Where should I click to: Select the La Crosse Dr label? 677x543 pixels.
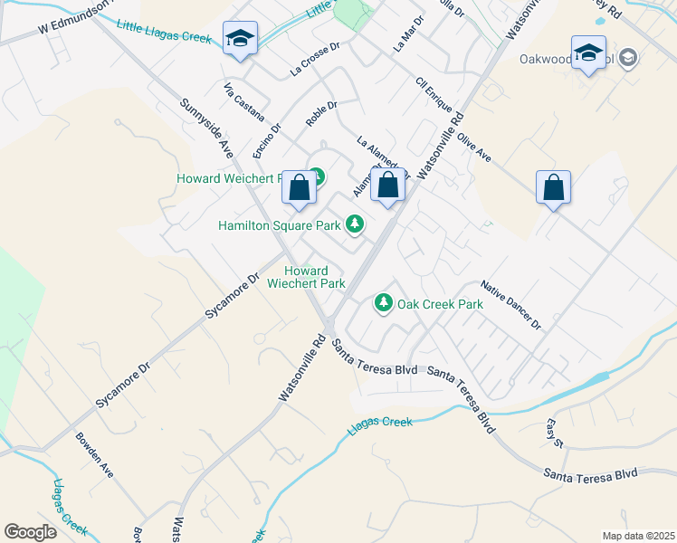pyautogui.click(x=314, y=58)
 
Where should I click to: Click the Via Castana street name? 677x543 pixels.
pyautogui.click(x=244, y=103)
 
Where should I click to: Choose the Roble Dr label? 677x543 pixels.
pyautogui.click(x=320, y=112)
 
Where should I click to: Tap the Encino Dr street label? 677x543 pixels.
pyautogui.click(x=269, y=138)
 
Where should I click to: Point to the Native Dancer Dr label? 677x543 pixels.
pyautogui.click(x=510, y=304)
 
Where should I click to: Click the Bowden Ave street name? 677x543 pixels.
pyautogui.click(x=95, y=455)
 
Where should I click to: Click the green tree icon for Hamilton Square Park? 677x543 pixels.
pyautogui.click(x=355, y=224)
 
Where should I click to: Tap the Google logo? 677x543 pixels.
pyautogui.click(x=30, y=532)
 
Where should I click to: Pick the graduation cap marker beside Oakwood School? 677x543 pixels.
pyautogui.click(x=587, y=52)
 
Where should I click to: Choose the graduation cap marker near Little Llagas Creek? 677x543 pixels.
pyautogui.click(x=240, y=39)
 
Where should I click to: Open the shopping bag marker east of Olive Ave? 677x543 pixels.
pyautogui.click(x=553, y=188)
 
